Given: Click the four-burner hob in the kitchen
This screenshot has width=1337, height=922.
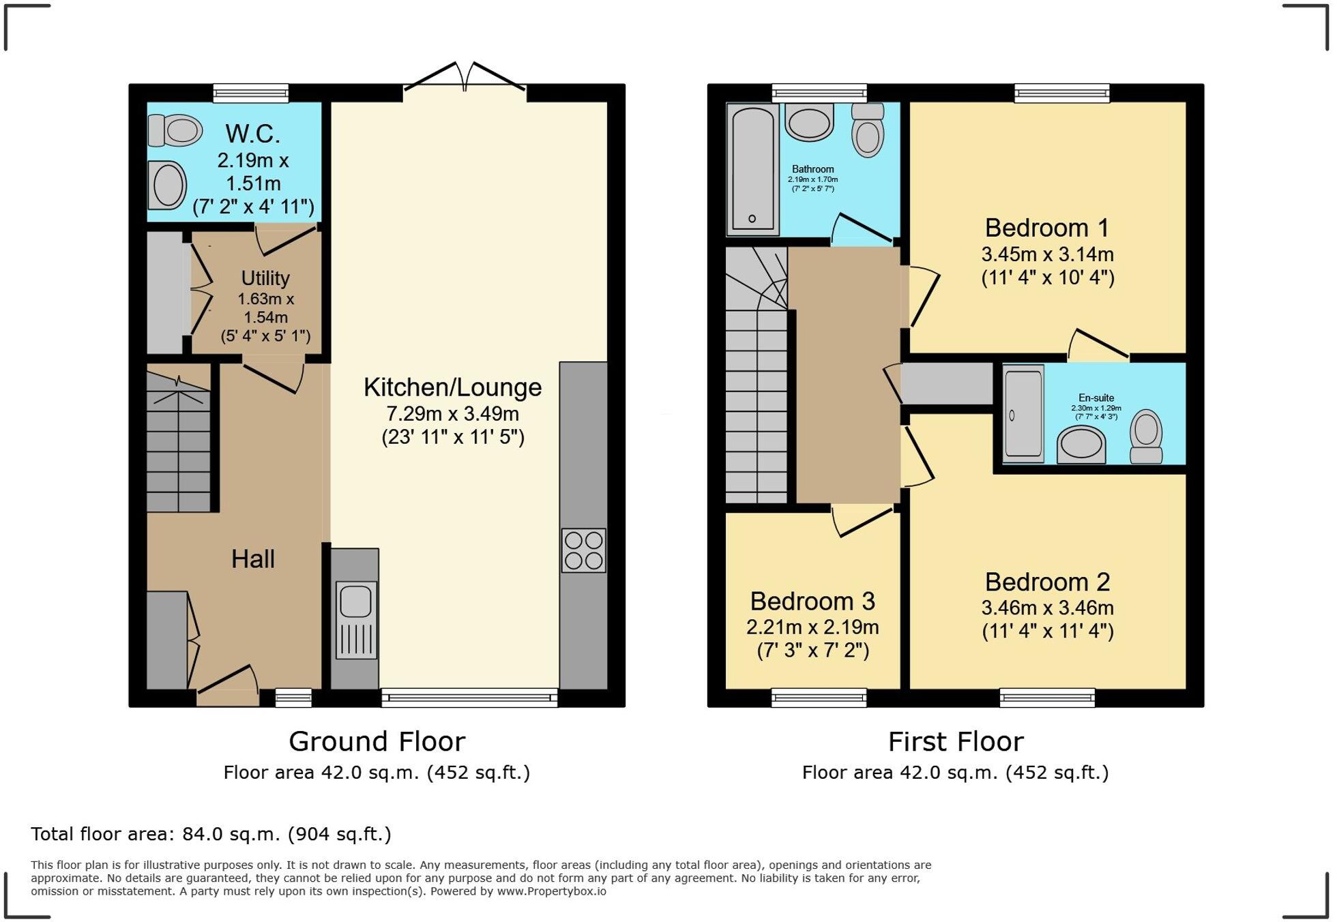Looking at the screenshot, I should click(x=584, y=550).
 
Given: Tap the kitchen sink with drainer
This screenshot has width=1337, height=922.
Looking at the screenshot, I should click(x=357, y=619).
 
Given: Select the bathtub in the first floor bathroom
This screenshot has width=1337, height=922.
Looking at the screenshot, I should click(x=753, y=168).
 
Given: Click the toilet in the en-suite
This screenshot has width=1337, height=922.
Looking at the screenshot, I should click(x=1146, y=436).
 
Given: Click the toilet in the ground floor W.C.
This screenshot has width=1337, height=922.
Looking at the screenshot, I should click(x=176, y=130).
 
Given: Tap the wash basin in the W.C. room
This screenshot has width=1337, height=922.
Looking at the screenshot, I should click(x=167, y=185).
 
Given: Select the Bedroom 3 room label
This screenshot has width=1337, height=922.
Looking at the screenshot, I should click(x=812, y=601).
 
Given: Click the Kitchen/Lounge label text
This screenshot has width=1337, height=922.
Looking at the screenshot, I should click(x=452, y=387).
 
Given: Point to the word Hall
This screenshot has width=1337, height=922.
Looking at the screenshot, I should click(x=252, y=559).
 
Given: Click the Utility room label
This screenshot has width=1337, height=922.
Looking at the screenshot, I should click(x=265, y=278).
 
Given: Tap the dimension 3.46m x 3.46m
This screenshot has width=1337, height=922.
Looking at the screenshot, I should click(x=1047, y=608).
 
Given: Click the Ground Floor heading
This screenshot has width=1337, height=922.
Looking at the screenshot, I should click(x=377, y=741).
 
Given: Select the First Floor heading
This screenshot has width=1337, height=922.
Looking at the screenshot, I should click(x=955, y=741).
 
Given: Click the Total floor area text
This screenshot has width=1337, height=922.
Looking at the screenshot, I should click(x=211, y=834).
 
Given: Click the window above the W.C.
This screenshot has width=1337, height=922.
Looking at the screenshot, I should click(x=250, y=93).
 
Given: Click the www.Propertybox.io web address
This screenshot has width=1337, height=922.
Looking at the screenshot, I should click(x=551, y=891).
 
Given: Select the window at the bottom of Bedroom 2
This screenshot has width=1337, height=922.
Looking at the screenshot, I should click(x=1047, y=698).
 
